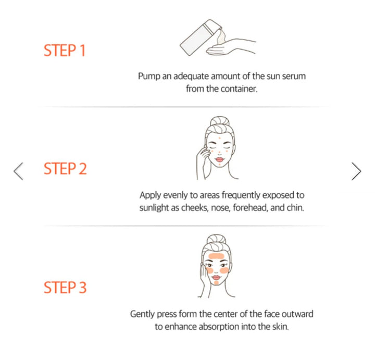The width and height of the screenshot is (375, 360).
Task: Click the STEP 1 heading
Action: point(65,51)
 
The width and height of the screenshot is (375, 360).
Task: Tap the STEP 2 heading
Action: point(65,169)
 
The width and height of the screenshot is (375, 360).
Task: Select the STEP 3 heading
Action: point(65,287)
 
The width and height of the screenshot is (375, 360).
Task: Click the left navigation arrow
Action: point(19,171)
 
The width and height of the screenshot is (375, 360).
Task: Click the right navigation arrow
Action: point(356,171)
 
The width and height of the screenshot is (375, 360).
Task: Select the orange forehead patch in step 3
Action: point(217,257)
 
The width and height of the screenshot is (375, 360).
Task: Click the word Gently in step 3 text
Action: point(143,314)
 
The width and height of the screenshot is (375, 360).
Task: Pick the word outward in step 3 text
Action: point(299,314)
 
